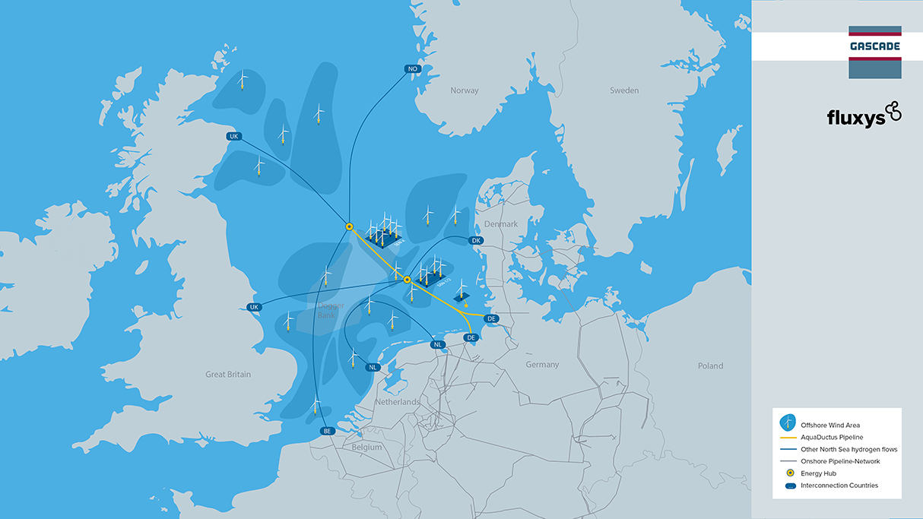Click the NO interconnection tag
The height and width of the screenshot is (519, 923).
pyautogui.click(x=413, y=69)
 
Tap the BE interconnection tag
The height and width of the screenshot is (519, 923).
pyautogui.click(x=328, y=431)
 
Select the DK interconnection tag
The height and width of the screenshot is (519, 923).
pyautogui.click(x=477, y=240)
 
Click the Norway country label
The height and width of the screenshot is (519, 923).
pyautogui.click(x=465, y=90)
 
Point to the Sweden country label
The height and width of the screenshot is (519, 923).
pyautogui.click(x=624, y=90)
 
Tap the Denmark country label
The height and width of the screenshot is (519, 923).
pyautogui.click(x=500, y=224)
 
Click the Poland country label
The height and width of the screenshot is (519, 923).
pyautogui.click(x=711, y=366)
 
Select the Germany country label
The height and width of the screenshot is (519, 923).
pyautogui.click(x=542, y=365)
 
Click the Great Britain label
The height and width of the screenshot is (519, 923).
pyautogui.click(x=228, y=374)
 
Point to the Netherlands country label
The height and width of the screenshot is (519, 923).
pyautogui.click(x=397, y=401)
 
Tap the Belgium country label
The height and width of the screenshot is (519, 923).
pyautogui.click(x=366, y=448)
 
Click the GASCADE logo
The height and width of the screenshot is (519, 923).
pyautogui.click(x=874, y=46)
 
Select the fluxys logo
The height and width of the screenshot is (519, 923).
pyautogui.click(x=863, y=116)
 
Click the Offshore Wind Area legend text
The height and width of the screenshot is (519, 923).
pyautogui.click(x=830, y=425)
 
